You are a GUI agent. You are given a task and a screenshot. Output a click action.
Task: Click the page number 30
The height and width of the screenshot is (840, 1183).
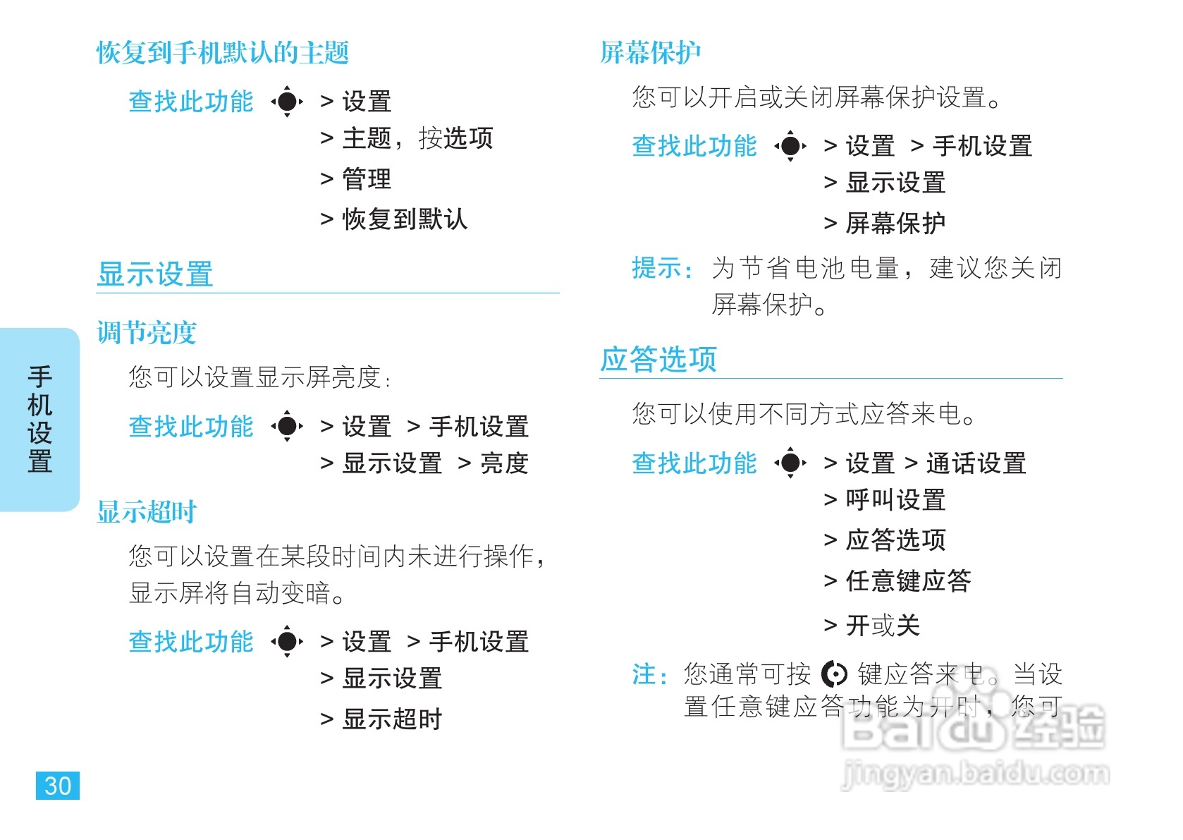point(58,786)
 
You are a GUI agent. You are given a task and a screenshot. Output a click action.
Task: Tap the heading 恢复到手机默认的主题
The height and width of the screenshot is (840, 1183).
point(223,53)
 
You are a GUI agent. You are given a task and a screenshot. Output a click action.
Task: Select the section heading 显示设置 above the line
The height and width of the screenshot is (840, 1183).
point(155,274)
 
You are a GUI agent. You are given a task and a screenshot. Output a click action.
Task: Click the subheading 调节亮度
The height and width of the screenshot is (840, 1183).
point(147,333)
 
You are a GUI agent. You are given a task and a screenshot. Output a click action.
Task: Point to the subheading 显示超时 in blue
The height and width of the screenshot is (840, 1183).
point(147,512)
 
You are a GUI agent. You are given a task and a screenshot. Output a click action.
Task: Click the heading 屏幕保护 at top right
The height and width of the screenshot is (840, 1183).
point(650,53)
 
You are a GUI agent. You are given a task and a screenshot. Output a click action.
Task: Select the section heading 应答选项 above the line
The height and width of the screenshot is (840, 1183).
point(658,360)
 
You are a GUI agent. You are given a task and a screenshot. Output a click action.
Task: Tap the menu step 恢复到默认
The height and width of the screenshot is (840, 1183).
point(405,219)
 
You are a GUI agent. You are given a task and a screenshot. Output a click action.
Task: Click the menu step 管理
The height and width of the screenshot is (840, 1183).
point(367,179)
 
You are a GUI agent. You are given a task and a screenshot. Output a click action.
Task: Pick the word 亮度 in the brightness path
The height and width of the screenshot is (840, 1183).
point(504,463)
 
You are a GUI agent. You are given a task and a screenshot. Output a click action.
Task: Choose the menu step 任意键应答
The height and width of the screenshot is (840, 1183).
point(908,581)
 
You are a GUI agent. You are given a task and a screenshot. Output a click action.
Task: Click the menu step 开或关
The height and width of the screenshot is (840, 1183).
point(883,626)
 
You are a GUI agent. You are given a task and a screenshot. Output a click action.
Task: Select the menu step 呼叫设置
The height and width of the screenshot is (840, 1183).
point(895,500)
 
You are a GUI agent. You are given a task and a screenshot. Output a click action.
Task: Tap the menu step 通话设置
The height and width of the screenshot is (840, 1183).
point(976,463)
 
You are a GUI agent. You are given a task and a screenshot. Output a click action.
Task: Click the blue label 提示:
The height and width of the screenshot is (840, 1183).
point(661,268)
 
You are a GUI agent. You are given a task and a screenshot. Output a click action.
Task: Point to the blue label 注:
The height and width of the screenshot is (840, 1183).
point(649,675)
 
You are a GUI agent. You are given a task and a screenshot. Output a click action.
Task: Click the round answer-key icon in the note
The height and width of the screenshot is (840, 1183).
point(835,675)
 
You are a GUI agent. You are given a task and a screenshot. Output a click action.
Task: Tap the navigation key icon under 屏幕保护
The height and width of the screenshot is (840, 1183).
point(790,146)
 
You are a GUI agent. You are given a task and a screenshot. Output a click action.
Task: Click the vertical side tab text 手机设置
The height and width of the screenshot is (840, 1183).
point(40,419)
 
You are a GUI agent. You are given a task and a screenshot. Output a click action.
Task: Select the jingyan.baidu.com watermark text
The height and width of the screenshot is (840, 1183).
point(976,774)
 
